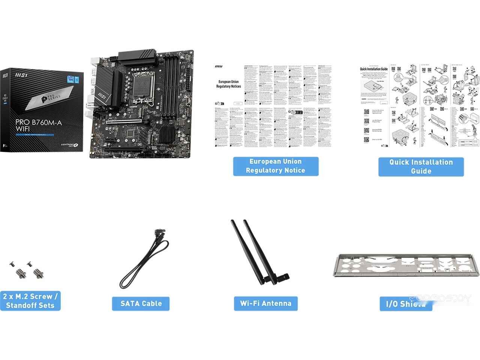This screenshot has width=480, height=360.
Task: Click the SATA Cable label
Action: click(x=141, y=303)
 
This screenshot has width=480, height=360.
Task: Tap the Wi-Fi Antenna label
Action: click(x=265, y=303)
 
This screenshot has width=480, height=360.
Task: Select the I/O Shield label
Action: click(x=406, y=303)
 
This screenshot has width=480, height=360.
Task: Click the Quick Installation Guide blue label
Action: click(x=421, y=166)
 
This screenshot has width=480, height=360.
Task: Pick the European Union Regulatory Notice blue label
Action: click(x=275, y=166)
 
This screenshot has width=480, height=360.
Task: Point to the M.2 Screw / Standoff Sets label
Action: click(x=30, y=300)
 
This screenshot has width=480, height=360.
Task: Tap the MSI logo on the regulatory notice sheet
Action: click(x=218, y=67)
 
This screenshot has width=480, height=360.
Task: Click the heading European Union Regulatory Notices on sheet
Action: click(x=228, y=84)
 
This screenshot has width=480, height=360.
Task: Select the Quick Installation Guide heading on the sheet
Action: click(x=373, y=69)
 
